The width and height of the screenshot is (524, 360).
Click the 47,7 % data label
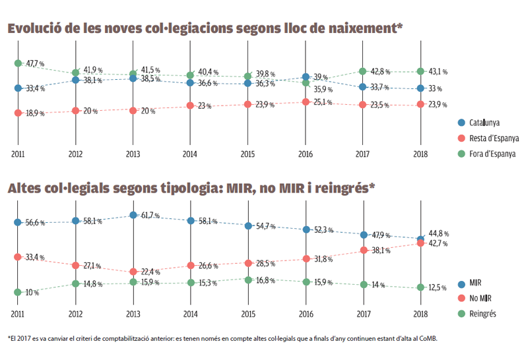[36, 64]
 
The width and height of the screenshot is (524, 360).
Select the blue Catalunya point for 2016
[306, 77]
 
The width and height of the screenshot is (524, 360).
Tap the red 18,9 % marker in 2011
[18, 113]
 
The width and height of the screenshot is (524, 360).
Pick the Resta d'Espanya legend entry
[488, 138]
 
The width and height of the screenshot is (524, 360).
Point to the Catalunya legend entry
[482, 123]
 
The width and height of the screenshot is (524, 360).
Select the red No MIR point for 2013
[133, 272]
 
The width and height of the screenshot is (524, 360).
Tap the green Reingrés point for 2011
[18, 291]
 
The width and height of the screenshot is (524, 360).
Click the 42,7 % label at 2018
[439, 244]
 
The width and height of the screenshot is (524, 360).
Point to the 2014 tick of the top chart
[189, 154]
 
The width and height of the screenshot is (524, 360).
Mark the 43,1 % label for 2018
[439, 71]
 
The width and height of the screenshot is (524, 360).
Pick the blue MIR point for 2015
[248, 225]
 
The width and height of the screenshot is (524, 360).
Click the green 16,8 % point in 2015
[248, 280]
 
